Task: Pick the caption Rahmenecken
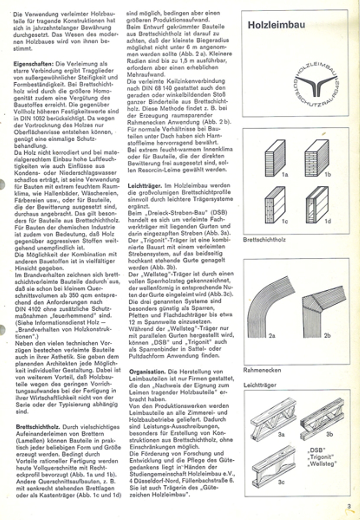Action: pos(262,370)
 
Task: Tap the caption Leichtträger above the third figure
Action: pos(260,384)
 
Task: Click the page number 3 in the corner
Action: pos(348,505)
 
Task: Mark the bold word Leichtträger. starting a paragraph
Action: pos(145,185)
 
